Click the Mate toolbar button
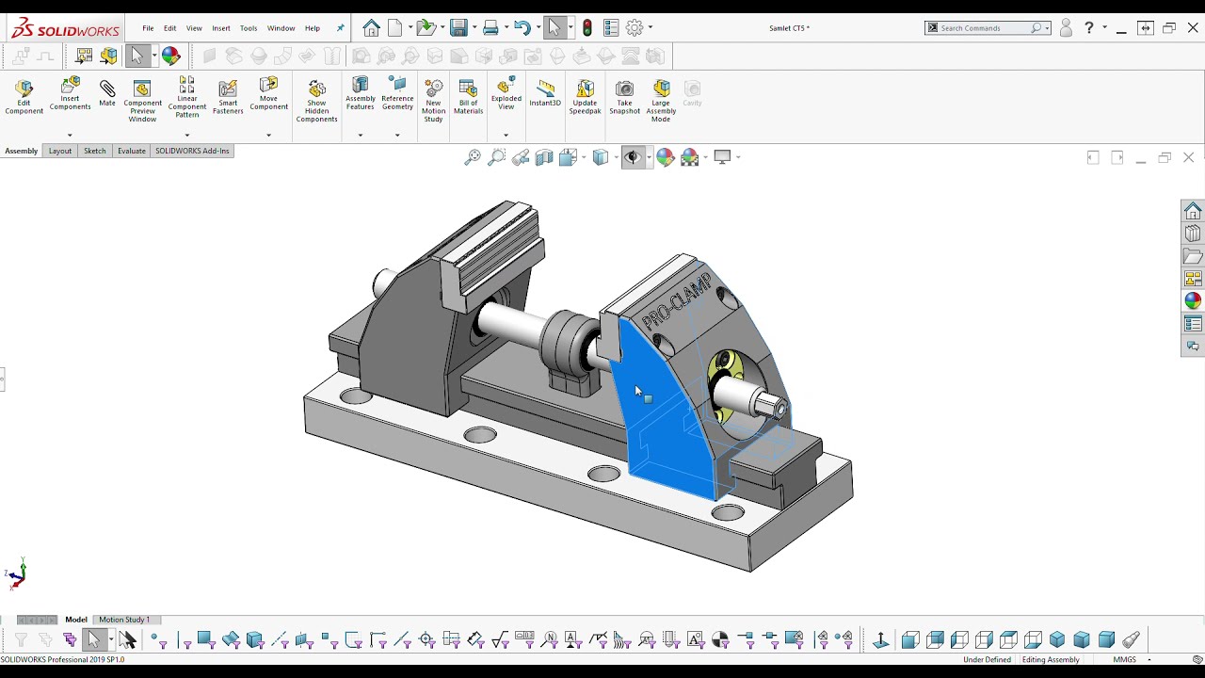pos(107,93)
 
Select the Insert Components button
pos(70,93)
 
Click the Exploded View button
pos(506,93)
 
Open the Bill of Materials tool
pos(468,97)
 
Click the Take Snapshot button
pos(624,97)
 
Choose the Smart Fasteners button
pos(228,97)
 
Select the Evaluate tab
pos(131,151)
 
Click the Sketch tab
pos(94,151)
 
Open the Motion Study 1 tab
pos(124,620)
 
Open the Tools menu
pos(249,28)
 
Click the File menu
pos(148,28)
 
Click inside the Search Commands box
pos(983,28)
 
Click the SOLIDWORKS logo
pos(65,28)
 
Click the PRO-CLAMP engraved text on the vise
pos(676,301)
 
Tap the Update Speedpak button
pos(585,97)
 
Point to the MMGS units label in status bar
pos(1124,659)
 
